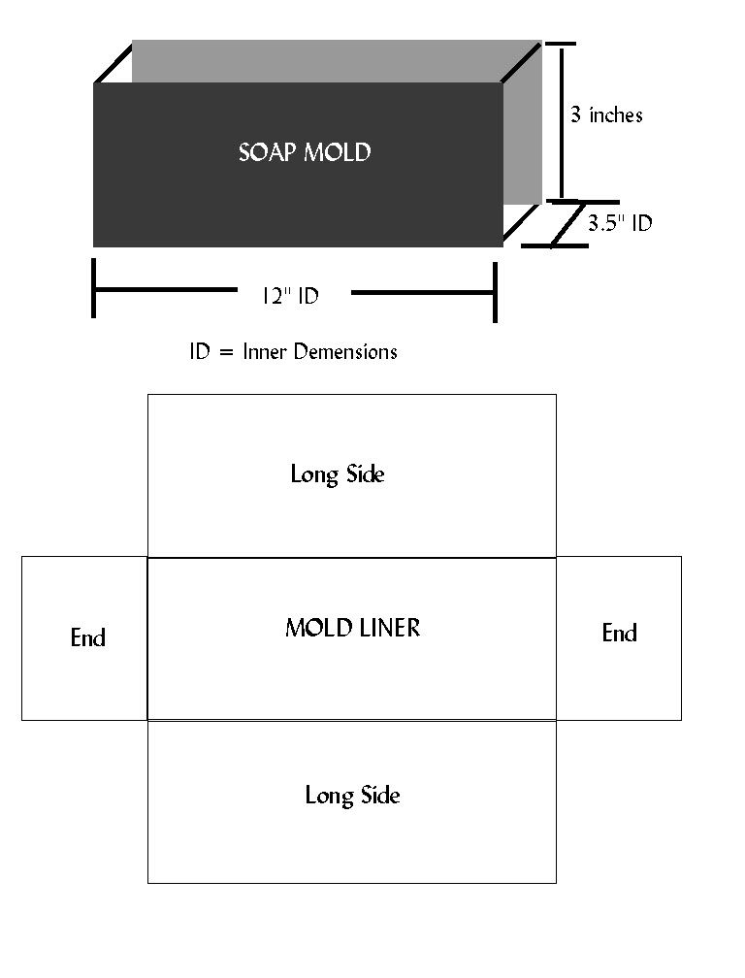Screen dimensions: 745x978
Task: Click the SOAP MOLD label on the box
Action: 305,152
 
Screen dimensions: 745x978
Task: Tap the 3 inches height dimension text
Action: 606,114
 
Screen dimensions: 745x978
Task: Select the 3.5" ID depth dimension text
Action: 620,223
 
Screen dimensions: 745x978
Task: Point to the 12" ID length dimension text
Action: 290,295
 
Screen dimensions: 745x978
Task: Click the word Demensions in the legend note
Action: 345,352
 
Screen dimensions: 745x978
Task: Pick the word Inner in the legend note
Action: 265,352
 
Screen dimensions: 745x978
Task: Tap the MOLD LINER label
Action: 353,628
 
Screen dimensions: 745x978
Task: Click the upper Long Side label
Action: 338,474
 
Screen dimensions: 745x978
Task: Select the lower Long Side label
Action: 352,796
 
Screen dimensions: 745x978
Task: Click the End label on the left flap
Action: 88,637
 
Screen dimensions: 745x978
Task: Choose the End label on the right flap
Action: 619,633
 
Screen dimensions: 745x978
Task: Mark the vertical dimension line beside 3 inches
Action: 562,122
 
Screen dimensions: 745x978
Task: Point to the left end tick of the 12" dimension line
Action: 93,288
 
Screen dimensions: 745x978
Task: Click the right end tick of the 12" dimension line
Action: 495,292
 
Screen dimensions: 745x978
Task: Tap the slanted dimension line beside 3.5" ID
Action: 567,223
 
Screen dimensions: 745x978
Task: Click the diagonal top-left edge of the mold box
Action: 113,62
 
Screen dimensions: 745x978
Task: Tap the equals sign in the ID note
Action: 226,353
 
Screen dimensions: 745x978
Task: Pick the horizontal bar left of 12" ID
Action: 166,289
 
